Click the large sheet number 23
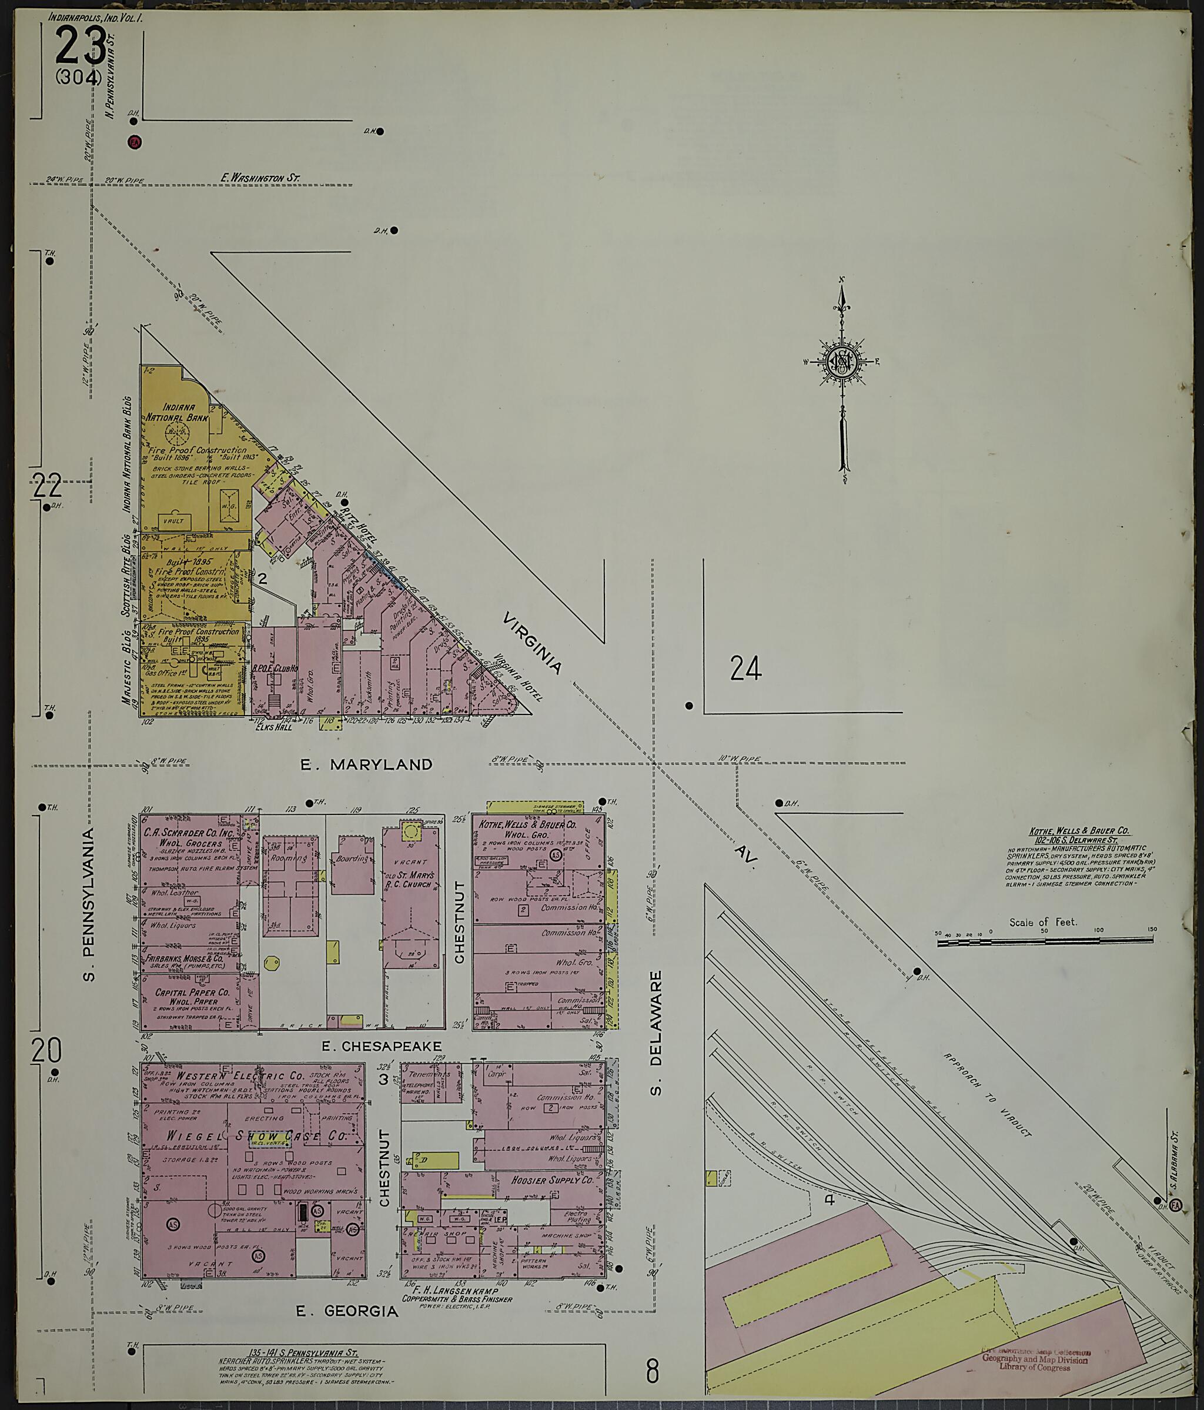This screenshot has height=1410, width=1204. click(81, 46)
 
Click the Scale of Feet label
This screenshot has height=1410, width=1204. click(1043, 922)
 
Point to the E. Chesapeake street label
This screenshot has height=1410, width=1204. click(381, 1046)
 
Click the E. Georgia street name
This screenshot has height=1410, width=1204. click(347, 1311)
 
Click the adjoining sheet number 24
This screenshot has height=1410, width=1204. click(745, 669)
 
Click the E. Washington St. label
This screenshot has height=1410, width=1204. click(260, 178)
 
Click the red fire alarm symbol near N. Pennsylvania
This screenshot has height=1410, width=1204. click(134, 142)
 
